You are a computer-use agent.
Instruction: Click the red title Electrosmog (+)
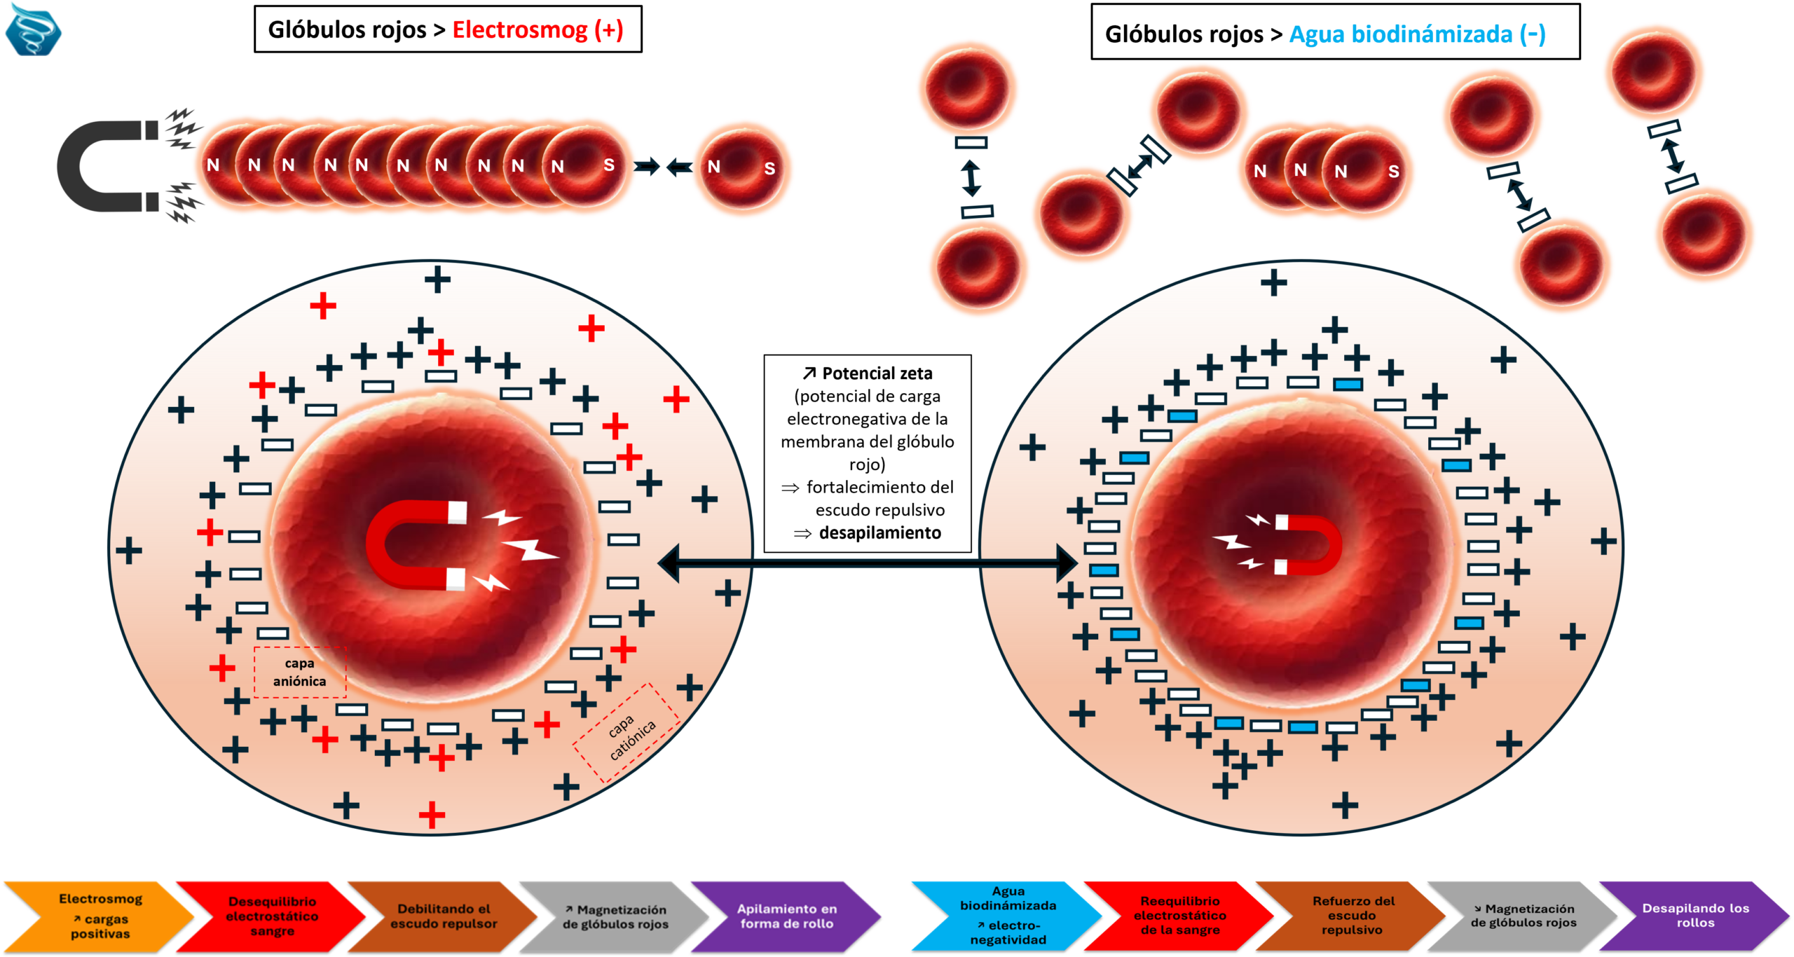point(537,30)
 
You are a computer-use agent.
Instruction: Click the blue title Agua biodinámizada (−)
point(1417,34)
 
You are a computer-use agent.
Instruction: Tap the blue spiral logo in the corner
point(33,29)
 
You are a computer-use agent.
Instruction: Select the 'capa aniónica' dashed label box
point(300,673)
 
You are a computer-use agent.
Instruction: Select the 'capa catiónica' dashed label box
point(626,732)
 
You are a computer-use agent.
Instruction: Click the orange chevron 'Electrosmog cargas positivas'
point(100,916)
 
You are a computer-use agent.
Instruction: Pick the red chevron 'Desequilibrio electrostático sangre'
point(272,916)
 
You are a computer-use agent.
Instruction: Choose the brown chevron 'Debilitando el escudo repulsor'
point(444,916)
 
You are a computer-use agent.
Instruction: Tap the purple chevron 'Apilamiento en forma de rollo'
point(786,916)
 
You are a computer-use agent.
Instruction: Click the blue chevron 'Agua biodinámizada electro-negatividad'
point(1008,915)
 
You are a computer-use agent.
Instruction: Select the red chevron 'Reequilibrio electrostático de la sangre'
point(1180,915)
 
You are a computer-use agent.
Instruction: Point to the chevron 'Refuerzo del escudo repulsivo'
point(1353,915)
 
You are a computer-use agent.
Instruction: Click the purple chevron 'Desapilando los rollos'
point(1695,915)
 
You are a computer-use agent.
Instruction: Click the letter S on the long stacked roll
point(609,165)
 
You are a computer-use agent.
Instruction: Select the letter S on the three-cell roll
point(1394,172)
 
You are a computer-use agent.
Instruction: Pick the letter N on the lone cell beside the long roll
point(714,167)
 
